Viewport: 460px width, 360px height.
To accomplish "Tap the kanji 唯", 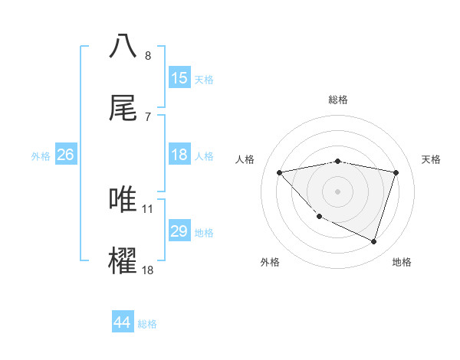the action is coord(123,199).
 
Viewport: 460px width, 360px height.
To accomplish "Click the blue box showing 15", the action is coord(179,78).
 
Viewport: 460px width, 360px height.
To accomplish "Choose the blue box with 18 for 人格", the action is coord(179,155).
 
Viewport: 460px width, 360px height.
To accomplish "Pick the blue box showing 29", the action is coord(179,231).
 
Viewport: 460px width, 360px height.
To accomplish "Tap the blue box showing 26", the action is coord(65,155).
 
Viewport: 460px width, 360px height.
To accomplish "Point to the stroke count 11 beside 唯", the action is coord(148,208).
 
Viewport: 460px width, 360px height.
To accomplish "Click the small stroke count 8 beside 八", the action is coord(147,56).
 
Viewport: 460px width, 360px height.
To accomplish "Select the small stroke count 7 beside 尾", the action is coord(147,116).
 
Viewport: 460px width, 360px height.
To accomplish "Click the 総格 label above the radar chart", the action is coord(338,100).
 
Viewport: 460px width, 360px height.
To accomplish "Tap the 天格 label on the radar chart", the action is coord(432,159).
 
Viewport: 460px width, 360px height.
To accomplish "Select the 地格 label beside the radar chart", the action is coord(402,262).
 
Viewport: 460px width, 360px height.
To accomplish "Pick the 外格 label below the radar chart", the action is coord(270,262).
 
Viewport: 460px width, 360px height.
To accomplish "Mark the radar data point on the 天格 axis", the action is coord(396,172).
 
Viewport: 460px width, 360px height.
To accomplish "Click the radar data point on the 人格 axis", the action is coord(280,172).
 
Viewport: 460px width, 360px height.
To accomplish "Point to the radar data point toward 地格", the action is coord(373,241).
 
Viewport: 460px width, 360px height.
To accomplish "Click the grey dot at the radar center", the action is coord(338,191).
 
